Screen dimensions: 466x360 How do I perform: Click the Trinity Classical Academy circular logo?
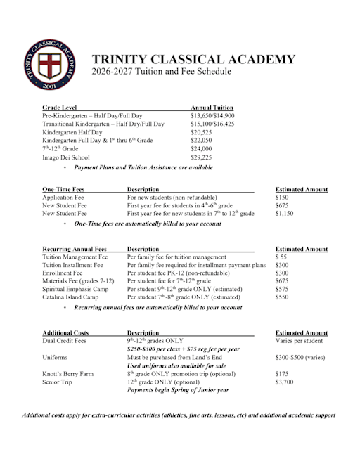pyautogui.click(x=47, y=65)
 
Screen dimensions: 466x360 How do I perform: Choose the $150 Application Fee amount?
pyautogui.click(x=281, y=198)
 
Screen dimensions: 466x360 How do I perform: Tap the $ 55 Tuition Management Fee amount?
pyautogui.click(x=281, y=257)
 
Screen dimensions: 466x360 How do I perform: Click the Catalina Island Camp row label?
pyautogui.click(x=70, y=298)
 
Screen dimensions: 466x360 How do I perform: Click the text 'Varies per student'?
pyautogui.click(x=299, y=341)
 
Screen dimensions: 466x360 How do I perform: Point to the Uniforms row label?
pyautogui.click(x=56, y=358)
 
